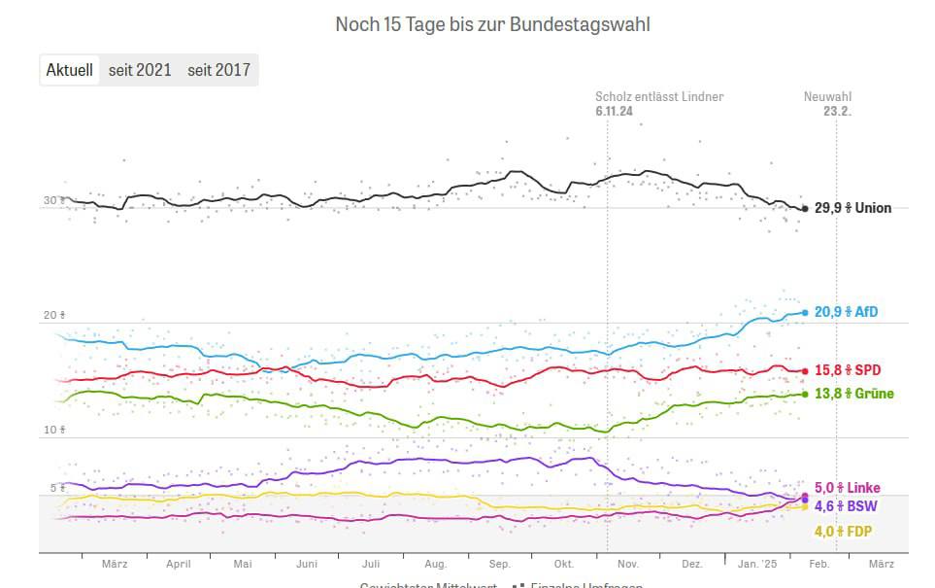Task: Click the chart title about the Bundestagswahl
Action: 492,24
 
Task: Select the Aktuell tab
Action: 70,70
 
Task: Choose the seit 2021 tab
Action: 140,70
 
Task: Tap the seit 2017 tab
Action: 218,70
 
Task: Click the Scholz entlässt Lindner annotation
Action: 659,97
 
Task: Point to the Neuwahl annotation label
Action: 827,97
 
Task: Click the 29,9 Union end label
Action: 852,208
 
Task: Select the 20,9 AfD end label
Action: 847,312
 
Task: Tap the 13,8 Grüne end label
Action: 853,394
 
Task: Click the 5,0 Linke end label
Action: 848,488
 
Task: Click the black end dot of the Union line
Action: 805,209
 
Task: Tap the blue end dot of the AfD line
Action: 805,312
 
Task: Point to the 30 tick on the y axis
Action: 51,201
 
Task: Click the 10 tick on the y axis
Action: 51,430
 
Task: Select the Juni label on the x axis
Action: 307,564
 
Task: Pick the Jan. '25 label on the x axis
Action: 757,564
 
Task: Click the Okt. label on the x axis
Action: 564,564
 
